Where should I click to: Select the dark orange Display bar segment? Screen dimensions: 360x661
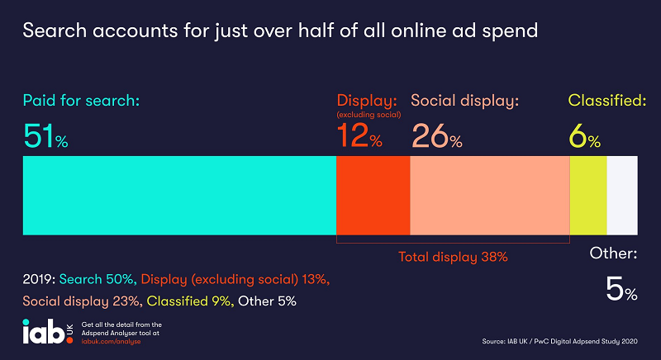coord(373,195)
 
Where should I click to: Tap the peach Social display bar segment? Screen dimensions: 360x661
coord(490,195)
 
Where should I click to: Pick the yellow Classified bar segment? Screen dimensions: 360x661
coord(588,195)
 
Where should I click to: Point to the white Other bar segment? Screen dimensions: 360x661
coord(622,195)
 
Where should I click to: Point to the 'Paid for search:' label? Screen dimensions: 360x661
coord(82,102)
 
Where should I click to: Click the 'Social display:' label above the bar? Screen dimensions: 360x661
coord(464,102)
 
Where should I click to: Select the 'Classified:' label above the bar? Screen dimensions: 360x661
coord(606,102)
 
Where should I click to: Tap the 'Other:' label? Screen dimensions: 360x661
coord(613,254)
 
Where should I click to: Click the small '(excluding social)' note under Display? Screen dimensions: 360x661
coord(369,115)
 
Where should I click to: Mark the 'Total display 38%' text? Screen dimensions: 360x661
coord(453,257)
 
